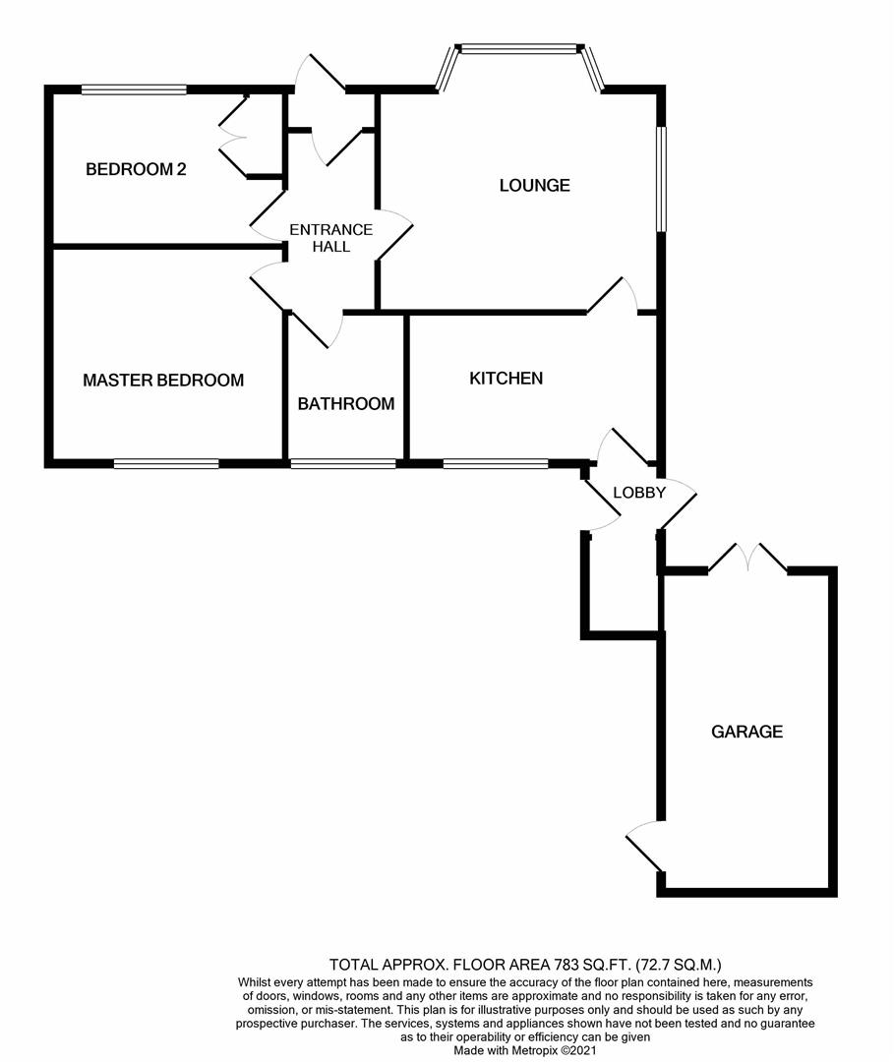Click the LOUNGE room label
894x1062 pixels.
pos(534,185)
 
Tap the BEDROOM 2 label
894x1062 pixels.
pos(136,169)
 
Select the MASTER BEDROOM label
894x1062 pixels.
pos(163,381)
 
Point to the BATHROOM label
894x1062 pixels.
pos(346,403)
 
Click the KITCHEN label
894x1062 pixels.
pos(506,379)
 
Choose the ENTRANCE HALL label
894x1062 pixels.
pos(330,238)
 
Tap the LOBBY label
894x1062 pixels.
pos(639,493)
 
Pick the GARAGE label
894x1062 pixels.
pos(747,732)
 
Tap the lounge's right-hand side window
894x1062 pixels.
pos(662,179)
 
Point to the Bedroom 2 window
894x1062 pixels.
pos(134,89)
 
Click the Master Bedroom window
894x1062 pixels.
pos(165,463)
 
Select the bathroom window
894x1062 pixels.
pos(343,463)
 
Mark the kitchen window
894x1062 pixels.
pos(495,463)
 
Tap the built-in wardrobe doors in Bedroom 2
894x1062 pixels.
pos(232,138)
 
